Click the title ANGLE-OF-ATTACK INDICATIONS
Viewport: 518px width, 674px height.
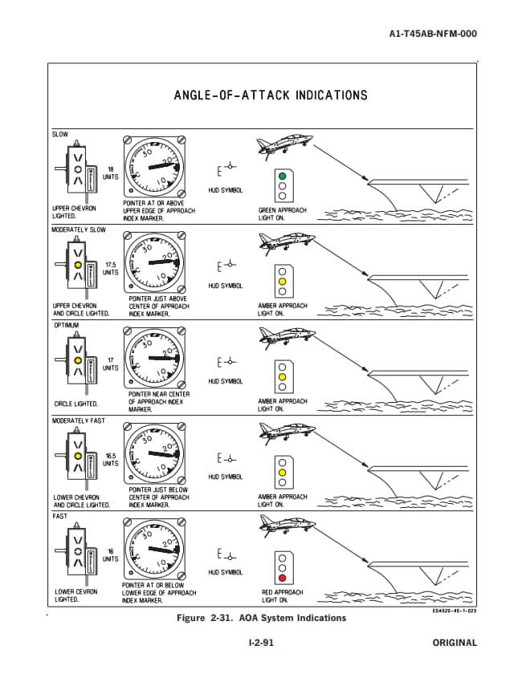point(271,95)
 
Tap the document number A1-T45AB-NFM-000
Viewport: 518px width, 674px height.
point(433,35)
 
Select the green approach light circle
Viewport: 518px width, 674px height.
point(282,176)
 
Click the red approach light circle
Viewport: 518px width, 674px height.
point(282,577)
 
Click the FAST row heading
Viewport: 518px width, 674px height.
point(60,516)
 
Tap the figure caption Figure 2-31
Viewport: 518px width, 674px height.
point(261,618)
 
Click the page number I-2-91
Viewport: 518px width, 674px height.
point(262,643)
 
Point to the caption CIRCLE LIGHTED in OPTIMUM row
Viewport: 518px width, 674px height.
point(76,404)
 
